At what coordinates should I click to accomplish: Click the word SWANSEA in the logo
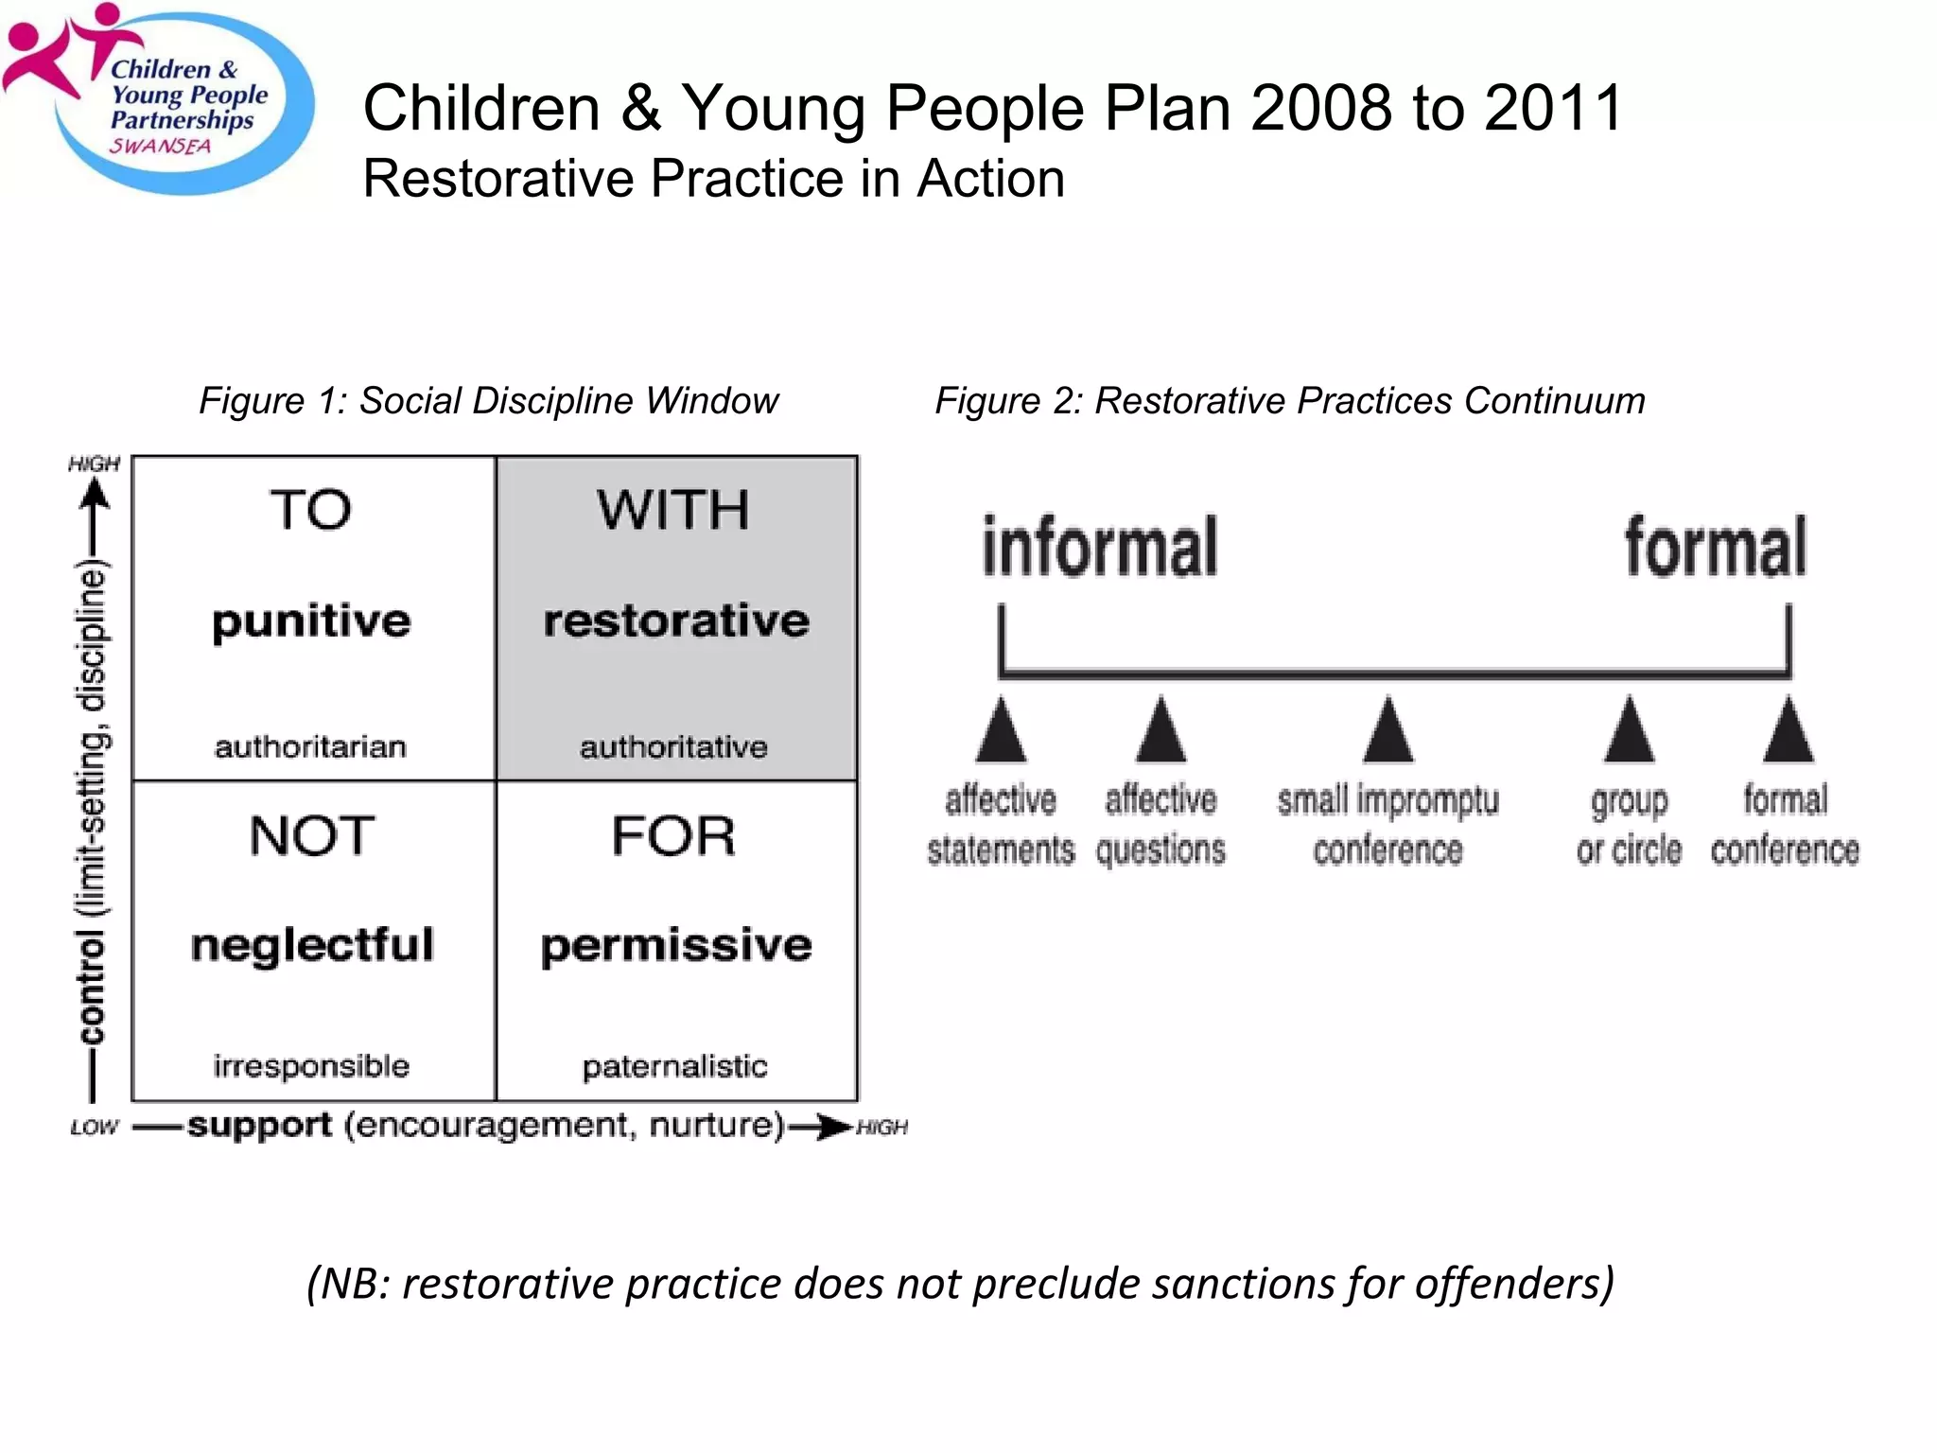click(160, 147)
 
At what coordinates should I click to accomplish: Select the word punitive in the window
click(311, 622)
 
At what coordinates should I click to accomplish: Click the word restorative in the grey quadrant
click(676, 621)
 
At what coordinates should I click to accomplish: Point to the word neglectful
click(312, 945)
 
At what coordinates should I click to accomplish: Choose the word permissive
click(676, 945)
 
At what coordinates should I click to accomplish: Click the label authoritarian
click(310, 747)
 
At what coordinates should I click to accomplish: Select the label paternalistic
click(674, 1067)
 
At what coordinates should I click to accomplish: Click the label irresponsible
click(311, 1066)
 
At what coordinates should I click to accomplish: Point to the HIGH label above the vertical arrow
click(94, 464)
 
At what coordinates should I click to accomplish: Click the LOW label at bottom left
click(94, 1128)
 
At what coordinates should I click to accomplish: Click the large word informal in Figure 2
click(1099, 547)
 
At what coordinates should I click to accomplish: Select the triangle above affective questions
click(1160, 732)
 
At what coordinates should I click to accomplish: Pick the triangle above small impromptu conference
click(1387, 732)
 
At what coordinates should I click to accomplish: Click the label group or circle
click(1629, 825)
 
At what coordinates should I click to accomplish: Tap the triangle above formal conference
click(1788, 732)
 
